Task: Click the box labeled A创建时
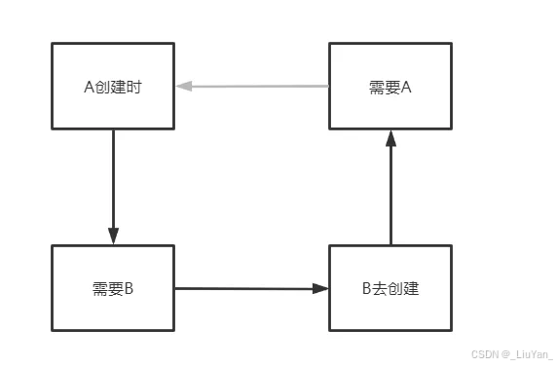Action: tap(113, 86)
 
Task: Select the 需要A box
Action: tap(390, 86)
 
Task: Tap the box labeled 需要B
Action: tap(113, 288)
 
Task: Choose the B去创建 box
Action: tap(390, 288)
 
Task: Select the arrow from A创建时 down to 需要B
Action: tap(113, 185)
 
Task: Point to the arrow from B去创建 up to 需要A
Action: tap(390, 190)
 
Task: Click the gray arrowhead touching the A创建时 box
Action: tap(183, 87)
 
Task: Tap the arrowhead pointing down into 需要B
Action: tap(113, 237)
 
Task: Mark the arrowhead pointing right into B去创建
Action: tap(321, 288)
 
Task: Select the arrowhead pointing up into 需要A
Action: tap(390, 138)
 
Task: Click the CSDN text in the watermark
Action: tap(478, 355)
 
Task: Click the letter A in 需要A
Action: tap(406, 87)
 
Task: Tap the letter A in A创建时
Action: tap(90, 87)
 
